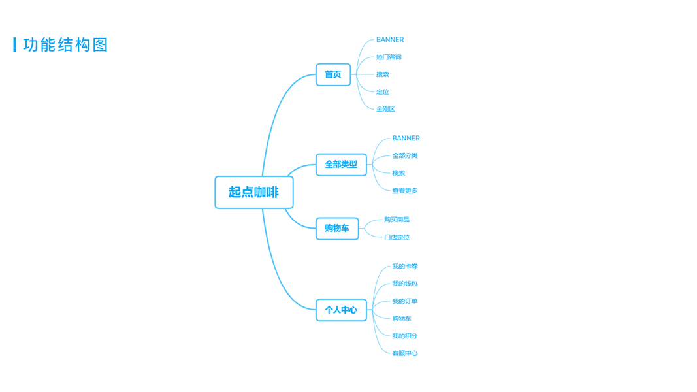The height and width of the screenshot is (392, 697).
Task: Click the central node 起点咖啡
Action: [x=253, y=192]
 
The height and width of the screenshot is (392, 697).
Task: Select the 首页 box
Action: [x=333, y=74]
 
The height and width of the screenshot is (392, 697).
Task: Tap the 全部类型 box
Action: [x=341, y=165]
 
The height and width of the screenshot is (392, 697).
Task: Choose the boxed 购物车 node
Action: [x=337, y=228]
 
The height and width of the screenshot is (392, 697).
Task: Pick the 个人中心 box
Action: [x=341, y=310]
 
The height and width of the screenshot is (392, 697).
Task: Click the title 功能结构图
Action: [x=65, y=44]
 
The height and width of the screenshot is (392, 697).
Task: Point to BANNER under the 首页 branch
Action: [x=390, y=40]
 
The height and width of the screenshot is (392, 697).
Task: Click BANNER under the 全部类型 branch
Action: [x=406, y=139]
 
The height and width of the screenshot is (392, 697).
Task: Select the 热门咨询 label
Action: [x=389, y=57]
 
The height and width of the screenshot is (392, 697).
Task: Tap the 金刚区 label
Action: [x=385, y=109]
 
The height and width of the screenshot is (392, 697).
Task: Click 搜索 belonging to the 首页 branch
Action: [x=382, y=74]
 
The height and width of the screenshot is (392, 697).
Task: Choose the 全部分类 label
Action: [x=405, y=155]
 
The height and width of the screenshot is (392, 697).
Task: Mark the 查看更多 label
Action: [x=405, y=191]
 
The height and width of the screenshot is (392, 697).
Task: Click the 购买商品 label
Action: [x=397, y=220]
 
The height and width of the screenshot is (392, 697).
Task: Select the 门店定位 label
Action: [x=397, y=237]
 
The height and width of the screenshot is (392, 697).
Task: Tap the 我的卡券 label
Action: [x=405, y=267]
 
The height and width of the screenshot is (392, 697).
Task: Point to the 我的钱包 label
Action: [x=405, y=284]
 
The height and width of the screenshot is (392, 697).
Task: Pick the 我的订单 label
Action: [x=405, y=301]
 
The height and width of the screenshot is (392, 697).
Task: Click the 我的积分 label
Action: [x=405, y=336]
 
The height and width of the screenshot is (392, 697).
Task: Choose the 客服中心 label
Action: [x=405, y=353]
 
